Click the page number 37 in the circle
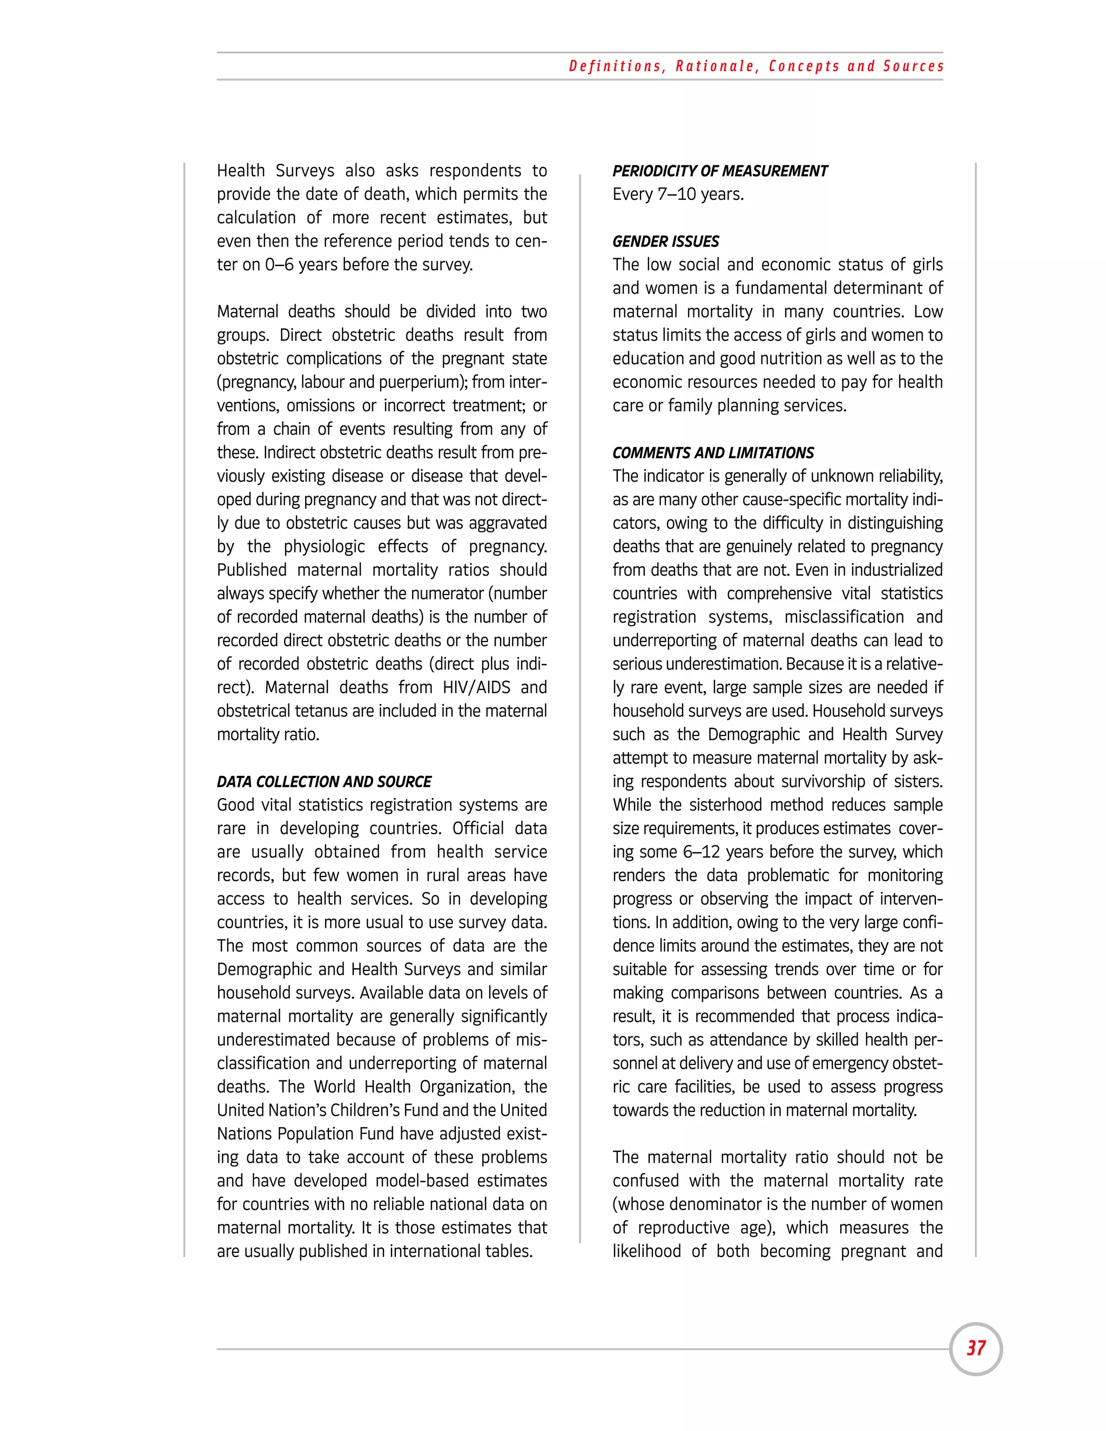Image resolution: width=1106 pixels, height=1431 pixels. [x=976, y=1348]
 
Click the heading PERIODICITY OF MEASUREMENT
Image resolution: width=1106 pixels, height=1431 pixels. [x=719, y=171]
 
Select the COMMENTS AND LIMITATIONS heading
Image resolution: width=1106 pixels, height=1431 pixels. [x=712, y=453]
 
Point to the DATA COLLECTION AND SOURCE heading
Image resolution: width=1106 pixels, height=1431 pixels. [x=323, y=782]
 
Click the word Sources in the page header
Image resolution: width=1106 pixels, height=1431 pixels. [x=913, y=66]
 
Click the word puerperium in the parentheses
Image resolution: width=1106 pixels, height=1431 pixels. [x=412, y=382]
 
